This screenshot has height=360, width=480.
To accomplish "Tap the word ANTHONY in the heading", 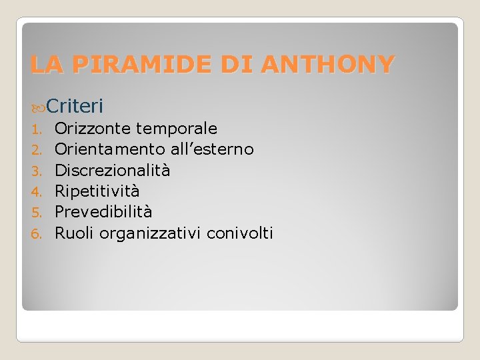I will click(x=328, y=65).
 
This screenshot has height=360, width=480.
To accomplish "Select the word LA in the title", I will click(x=44, y=65).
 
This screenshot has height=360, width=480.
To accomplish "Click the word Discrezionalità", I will click(x=112, y=171).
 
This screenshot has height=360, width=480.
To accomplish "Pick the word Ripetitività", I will click(x=97, y=191).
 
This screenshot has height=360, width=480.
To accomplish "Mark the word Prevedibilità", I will click(x=103, y=212).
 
